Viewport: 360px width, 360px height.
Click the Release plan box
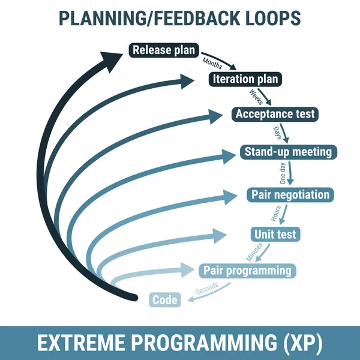[164, 50]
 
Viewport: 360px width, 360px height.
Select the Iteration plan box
[245, 79]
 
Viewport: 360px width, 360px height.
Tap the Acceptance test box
[275, 114]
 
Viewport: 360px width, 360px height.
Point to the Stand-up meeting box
[288, 151]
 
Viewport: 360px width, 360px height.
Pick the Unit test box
[274, 233]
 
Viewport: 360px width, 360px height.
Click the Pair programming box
[247, 270]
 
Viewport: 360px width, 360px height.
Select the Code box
[164, 299]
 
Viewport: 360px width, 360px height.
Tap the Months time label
[212, 62]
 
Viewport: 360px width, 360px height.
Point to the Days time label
[277, 133]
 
